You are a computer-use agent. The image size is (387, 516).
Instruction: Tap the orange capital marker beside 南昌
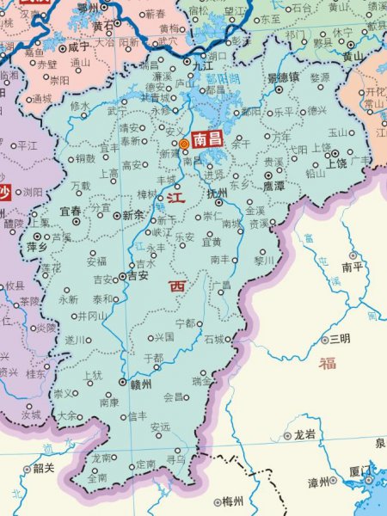point(183,144)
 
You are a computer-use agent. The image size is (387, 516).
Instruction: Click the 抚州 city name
point(215,193)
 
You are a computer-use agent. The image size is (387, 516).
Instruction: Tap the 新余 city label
point(133,215)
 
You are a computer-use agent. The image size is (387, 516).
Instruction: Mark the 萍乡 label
point(37,246)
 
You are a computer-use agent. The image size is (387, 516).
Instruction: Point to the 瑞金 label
point(203,380)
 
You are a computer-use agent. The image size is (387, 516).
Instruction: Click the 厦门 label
point(359,471)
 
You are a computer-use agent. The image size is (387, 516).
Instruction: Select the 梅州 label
point(232,501)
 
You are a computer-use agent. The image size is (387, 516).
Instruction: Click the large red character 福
point(327,363)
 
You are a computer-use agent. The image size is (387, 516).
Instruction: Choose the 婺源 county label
point(319,77)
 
